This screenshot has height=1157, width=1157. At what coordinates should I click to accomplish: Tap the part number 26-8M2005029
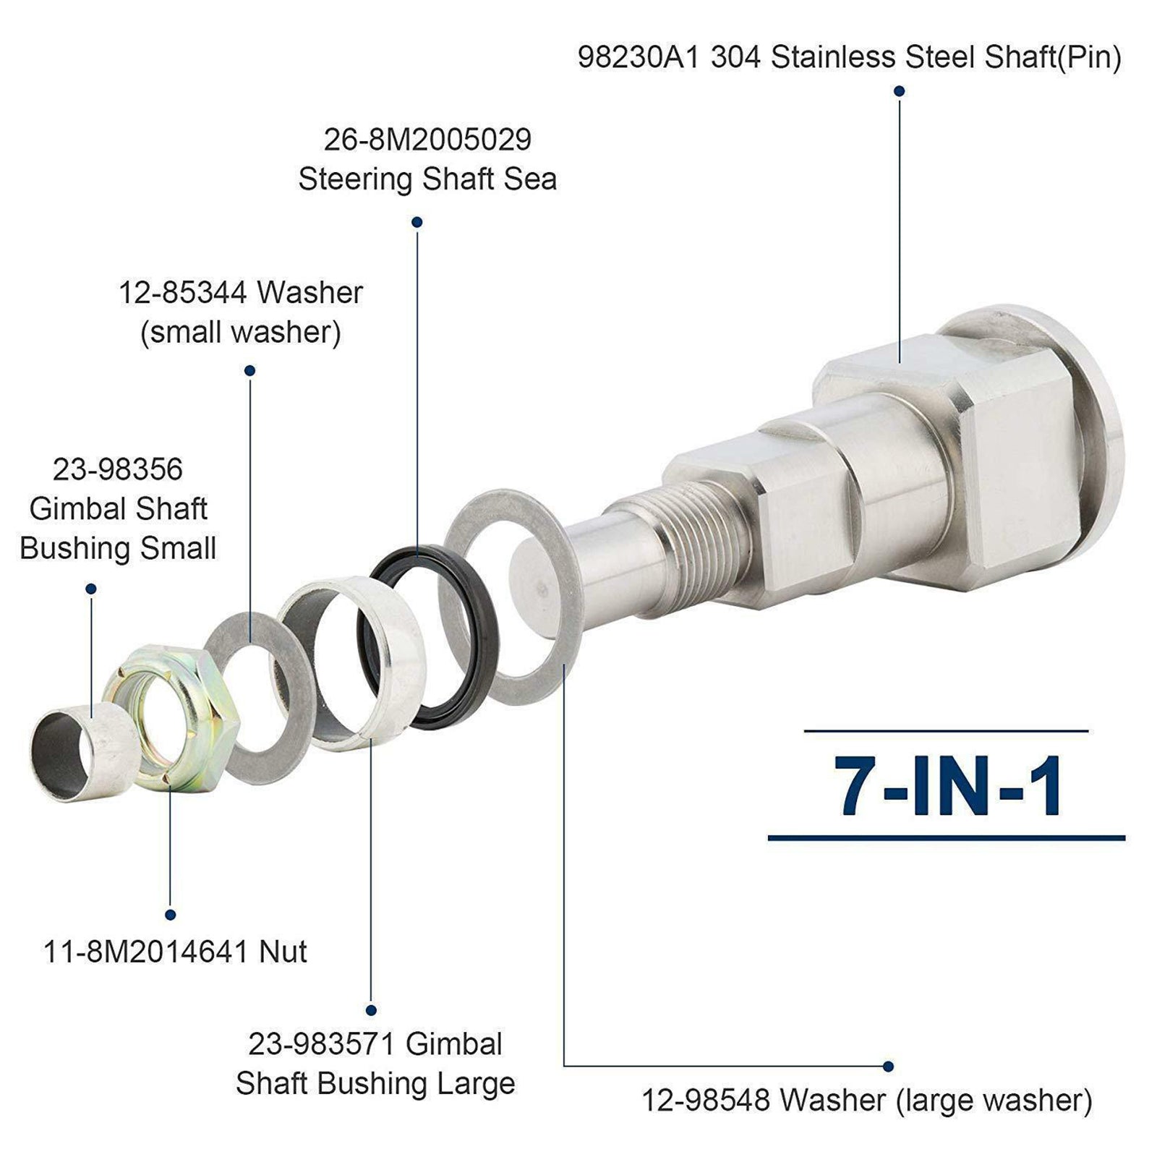point(427,140)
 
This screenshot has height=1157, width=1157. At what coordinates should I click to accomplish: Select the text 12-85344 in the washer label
point(184,294)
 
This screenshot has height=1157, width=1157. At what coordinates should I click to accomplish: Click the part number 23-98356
point(118,470)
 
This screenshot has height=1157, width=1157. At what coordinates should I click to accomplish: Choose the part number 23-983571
point(322,1044)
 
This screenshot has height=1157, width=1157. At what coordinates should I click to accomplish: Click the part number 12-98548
point(706,1101)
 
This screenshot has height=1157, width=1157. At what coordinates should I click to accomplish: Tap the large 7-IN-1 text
point(948,786)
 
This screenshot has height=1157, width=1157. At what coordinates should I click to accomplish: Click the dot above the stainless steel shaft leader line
point(900,91)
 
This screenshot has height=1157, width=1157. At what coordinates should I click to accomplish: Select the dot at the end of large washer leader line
point(888,1067)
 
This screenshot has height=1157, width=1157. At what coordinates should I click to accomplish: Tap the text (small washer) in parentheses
point(241,333)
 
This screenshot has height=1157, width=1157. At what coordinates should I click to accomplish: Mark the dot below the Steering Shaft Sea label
point(417,222)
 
